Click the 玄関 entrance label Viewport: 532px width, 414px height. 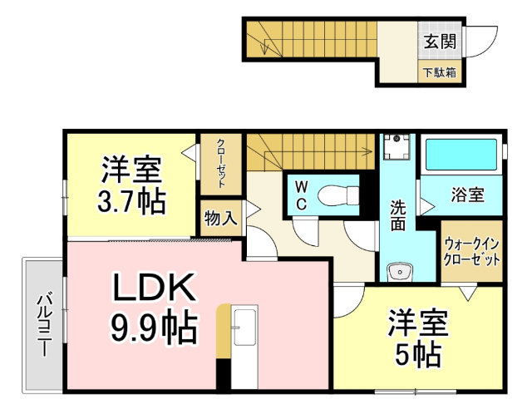pyautogui.click(x=440, y=42)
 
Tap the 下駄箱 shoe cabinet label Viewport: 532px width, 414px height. pyautogui.click(x=440, y=72)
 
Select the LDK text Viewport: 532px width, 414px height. pyautogui.click(x=155, y=288)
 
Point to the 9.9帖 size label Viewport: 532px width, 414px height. pyautogui.click(x=155, y=328)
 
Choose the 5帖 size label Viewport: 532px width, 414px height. pyautogui.click(x=417, y=356)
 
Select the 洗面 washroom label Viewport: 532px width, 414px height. pyautogui.click(x=399, y=215)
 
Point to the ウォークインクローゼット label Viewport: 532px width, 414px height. pyautogui.click(x=471, y=251)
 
